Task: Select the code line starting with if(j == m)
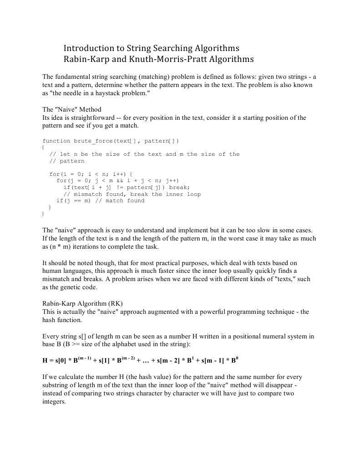[x=100, y=200]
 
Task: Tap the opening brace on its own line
[x=43, y=148]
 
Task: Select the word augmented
[x=162, y=312]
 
